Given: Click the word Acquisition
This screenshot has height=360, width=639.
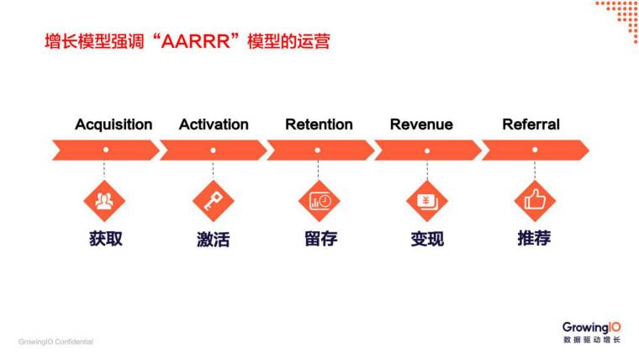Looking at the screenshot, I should [114, 124].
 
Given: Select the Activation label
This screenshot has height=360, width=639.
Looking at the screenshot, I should [214, 124].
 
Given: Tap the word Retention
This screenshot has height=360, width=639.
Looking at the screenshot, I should [319, 124].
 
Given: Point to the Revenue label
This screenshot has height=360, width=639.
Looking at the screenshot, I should [421, 124].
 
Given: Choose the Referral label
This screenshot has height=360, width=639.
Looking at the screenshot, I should [531, 124].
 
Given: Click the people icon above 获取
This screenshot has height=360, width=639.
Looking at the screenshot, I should [104, 201].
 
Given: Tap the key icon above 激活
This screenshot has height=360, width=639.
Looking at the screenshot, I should [213, 201].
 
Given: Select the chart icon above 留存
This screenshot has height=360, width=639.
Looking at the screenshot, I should [319, 201].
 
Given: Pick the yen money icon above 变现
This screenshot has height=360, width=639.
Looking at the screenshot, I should [427, 201].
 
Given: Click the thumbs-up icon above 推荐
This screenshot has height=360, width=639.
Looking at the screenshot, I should [535, 201].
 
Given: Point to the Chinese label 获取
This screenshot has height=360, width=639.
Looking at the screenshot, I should [106, 238].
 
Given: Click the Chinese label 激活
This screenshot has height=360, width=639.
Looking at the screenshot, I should [213, 239].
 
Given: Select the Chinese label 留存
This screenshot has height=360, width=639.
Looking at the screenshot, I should [320, 238].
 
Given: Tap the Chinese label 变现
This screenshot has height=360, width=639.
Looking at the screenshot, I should [427, 239].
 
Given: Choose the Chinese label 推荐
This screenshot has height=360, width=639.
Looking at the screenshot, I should [534, 238].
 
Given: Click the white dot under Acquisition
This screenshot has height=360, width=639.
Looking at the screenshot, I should [105, 151].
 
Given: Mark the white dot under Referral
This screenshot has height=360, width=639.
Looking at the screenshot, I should [535, 151].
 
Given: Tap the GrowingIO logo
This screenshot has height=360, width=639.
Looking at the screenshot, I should [592, 327].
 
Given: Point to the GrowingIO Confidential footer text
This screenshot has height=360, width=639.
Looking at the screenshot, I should [55, 341].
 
